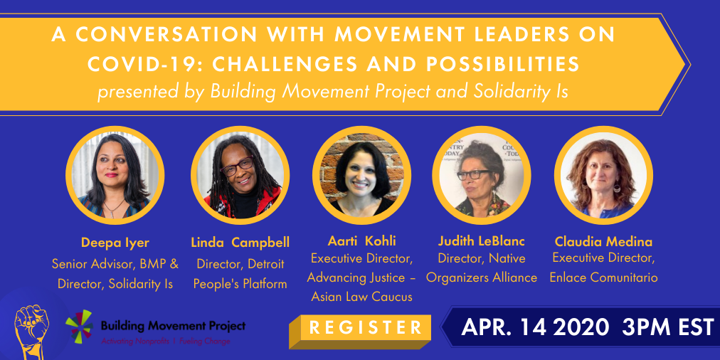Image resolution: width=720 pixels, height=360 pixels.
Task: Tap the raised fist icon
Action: [x=32, y=332]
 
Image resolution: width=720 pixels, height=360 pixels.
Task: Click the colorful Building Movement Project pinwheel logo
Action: [x=79, y=326]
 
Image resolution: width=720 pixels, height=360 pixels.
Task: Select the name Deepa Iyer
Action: [x=115, y=243]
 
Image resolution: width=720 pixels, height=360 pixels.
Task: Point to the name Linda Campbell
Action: [x=240, y=243]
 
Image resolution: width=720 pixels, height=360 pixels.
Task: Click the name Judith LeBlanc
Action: [x=482, y=241]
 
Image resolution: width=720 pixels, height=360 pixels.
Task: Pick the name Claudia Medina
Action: [x=603, y=241]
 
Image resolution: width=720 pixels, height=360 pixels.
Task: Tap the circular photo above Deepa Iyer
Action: [x=115, y=175]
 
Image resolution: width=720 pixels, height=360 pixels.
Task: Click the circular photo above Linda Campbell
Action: [x=240, y=175]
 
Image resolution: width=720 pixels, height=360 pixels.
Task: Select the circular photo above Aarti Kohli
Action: [x=361, y=175]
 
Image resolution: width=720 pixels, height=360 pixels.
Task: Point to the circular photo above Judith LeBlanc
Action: [x=482, y=175]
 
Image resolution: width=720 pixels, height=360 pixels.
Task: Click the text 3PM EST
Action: [x=668, y=327]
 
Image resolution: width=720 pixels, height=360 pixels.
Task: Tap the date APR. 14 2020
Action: [x=535, y=327]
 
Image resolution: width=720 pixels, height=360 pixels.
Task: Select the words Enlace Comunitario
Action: [x=603, y=277]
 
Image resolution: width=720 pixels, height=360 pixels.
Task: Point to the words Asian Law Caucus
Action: [x=362, y=297]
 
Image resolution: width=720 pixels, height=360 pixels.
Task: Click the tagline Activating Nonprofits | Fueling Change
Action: [x=166, y=342]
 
